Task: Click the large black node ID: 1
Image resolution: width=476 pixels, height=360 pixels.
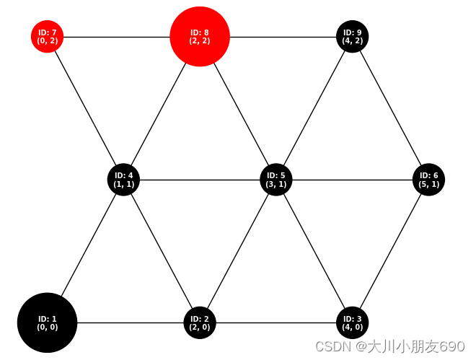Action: [47, 322]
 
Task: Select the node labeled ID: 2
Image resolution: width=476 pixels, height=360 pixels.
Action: [200, 322]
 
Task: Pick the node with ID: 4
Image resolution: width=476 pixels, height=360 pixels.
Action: [123, 179]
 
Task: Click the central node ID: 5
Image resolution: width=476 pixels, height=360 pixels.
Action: [276, 179]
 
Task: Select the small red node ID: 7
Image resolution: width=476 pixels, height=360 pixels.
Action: [47, 36]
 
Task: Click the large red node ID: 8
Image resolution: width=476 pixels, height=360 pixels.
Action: [200, 36]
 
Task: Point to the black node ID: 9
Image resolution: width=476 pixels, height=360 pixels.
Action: [353, 36]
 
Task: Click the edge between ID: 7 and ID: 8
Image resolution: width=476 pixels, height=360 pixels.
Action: [115, 36]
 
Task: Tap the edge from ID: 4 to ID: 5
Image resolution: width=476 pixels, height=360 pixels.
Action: [200, 179]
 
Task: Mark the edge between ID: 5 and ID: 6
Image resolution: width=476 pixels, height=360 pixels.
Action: [353, 179]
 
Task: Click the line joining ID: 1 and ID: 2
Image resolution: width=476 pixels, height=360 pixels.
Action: [130, 322]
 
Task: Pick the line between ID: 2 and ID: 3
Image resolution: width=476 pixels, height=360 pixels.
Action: [276, 322]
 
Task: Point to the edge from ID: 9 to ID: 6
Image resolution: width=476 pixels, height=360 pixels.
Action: [391, 107]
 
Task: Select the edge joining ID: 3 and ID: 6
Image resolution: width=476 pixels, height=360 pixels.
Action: [391, 251]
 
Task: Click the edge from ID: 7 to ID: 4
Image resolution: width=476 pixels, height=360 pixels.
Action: [85, 107]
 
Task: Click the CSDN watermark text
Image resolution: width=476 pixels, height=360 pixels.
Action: [389, 346]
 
